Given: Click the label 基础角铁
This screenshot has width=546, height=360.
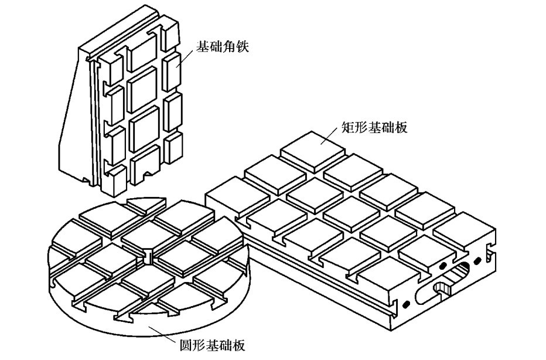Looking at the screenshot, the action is [x=223, y=47].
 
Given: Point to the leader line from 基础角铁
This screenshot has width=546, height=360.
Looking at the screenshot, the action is [x=184, y=57].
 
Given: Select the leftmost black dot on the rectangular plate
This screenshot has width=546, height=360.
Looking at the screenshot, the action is [x=405, y=304].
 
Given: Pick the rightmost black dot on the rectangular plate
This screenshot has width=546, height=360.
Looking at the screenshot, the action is [x=477, y=260].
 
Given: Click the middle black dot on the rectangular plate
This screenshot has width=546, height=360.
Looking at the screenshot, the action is [x=443, y=267].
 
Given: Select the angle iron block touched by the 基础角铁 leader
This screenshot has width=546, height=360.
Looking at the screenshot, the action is [x=172, y=72].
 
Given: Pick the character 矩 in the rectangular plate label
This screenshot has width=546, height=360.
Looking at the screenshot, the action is [x=347, y=128].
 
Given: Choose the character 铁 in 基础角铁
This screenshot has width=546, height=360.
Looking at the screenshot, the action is [x=243, y=47].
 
